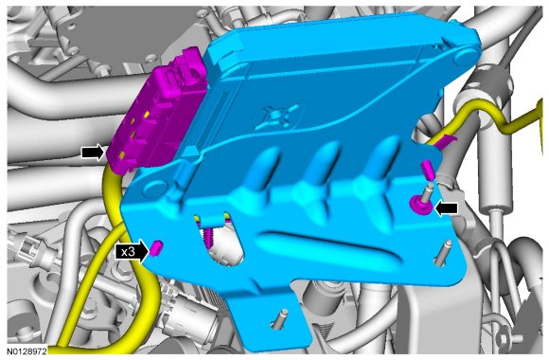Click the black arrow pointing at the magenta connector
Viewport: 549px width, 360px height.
point(93,153)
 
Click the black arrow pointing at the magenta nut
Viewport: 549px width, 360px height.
point(447,208)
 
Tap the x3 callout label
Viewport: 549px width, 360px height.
point(128,251)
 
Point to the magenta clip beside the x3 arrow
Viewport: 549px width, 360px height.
point(156,248)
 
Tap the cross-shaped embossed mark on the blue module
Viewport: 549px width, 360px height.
point(276,116)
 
